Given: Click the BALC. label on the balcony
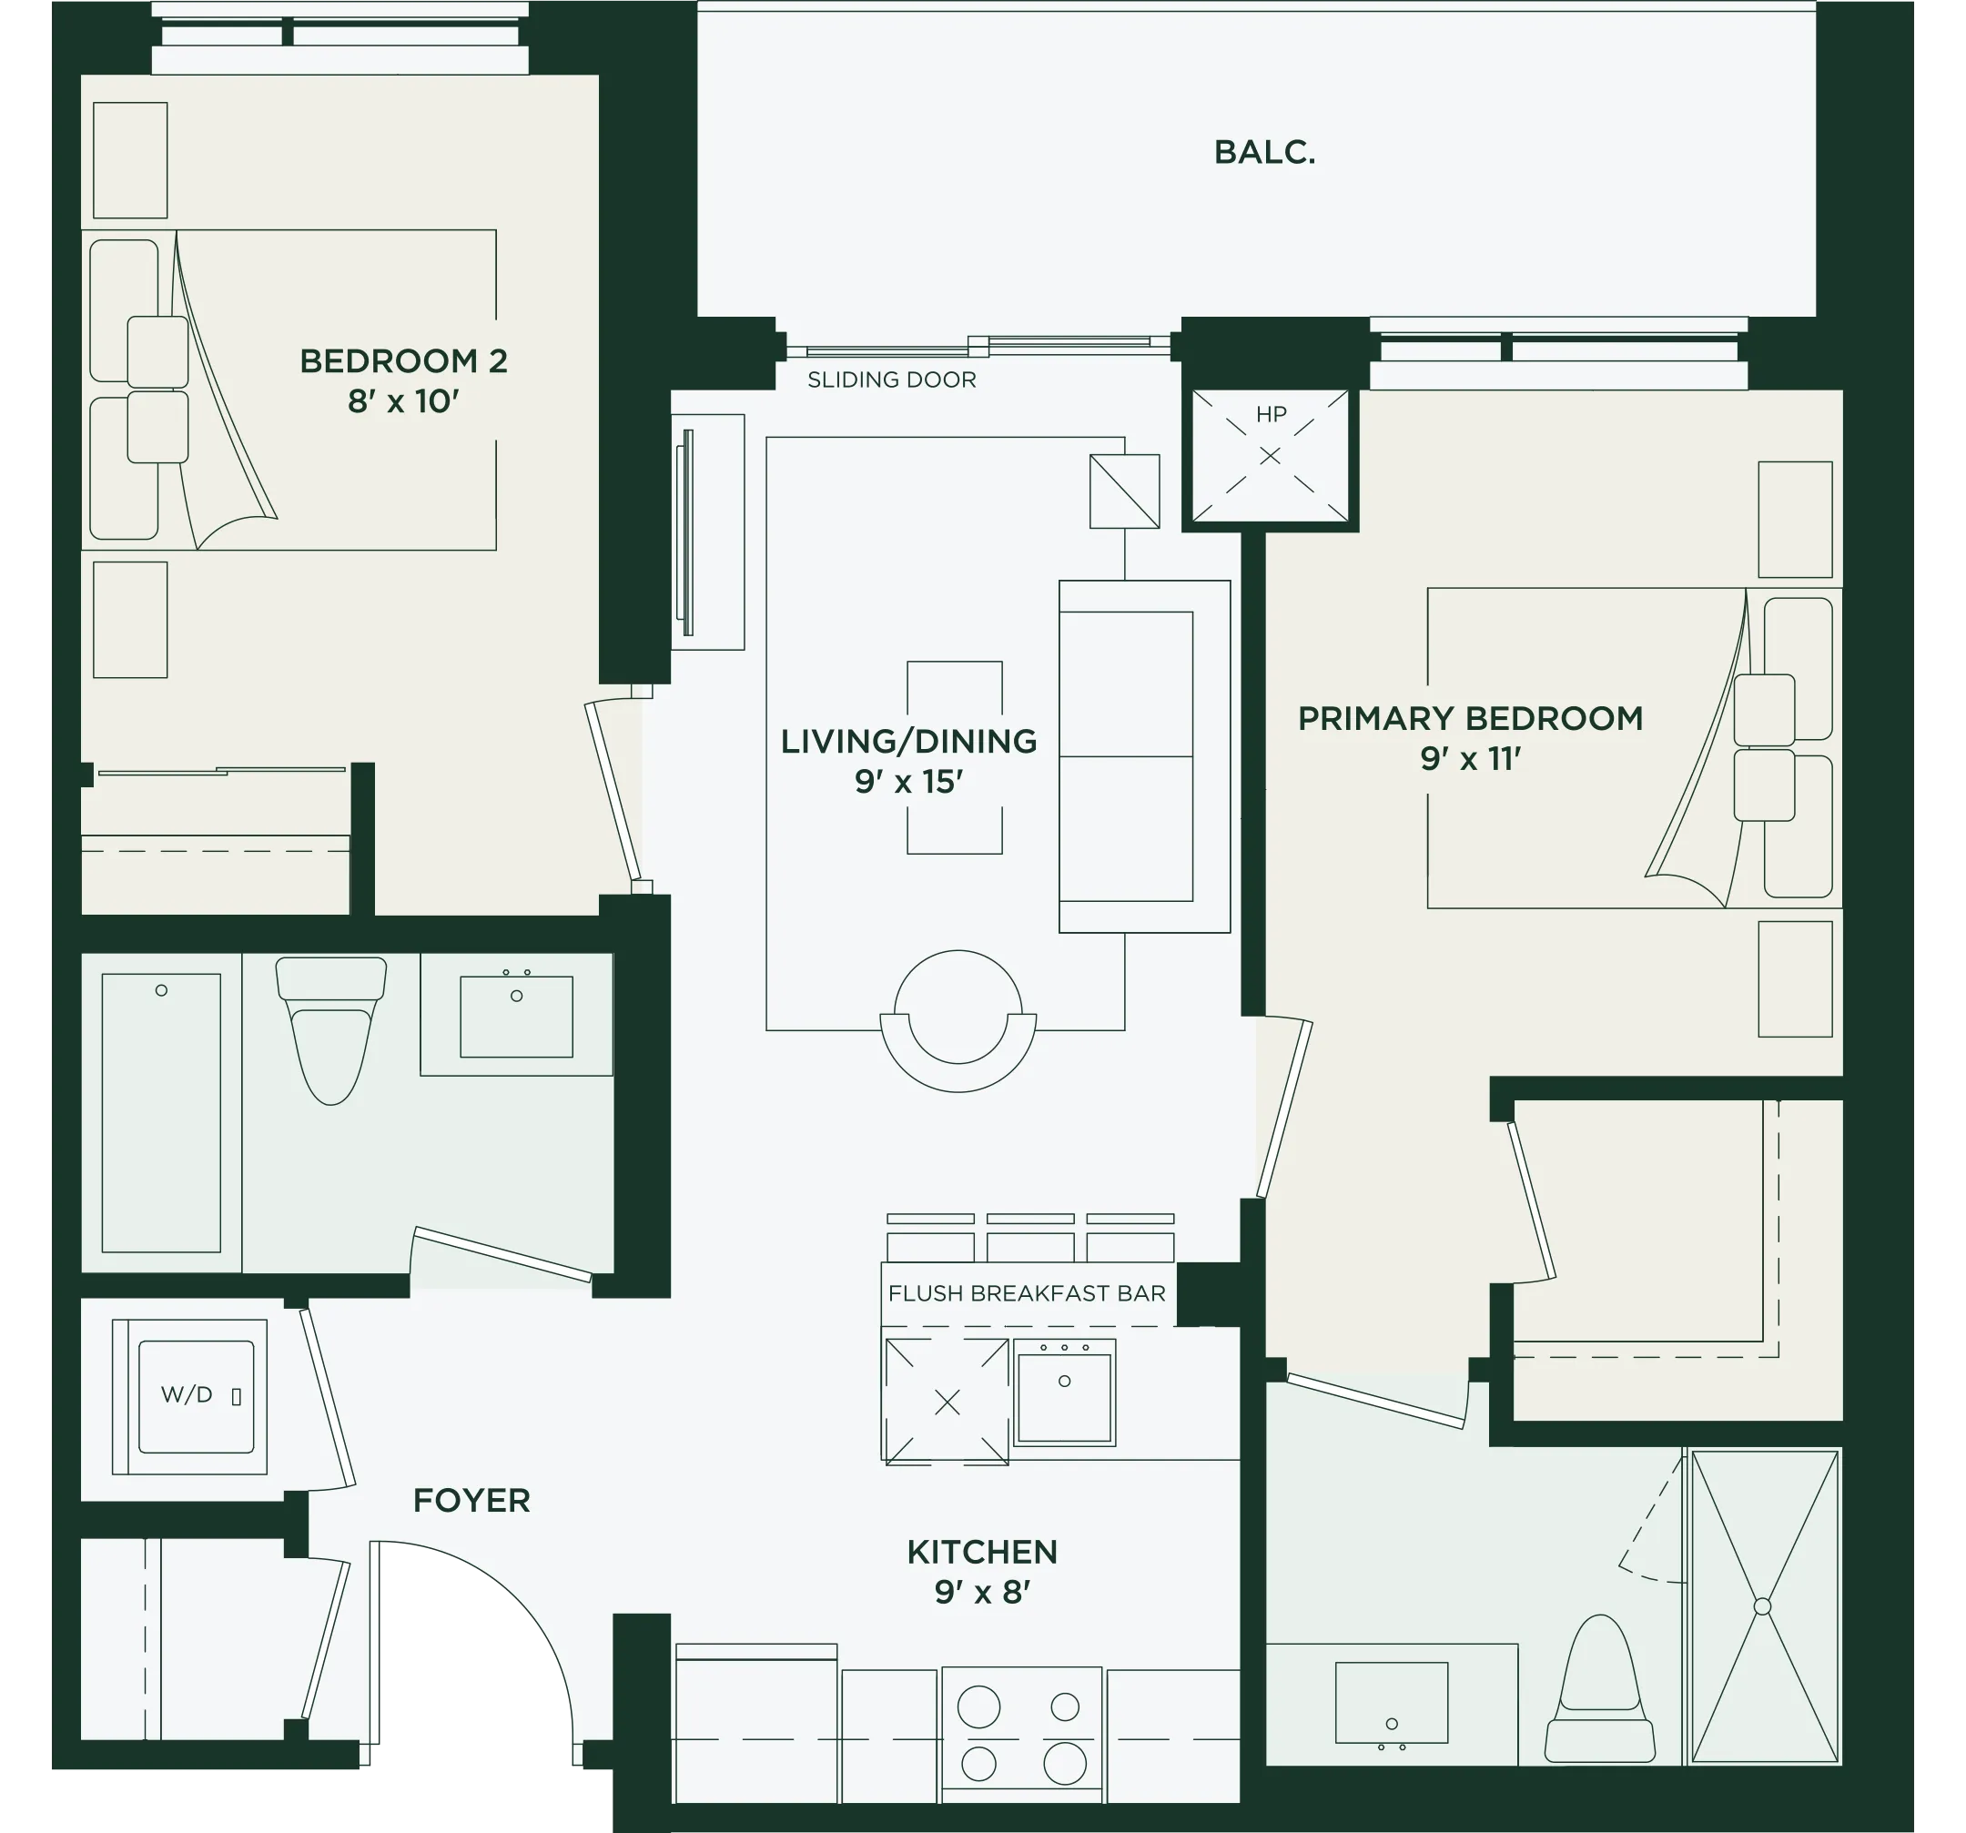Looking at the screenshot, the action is pos(1264,152).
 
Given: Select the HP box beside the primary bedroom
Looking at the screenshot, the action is pos(1270,456).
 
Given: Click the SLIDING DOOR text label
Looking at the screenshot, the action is pos(891,380).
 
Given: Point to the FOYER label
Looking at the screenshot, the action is pos(471,1500).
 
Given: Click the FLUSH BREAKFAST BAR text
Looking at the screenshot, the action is pos(1027,1293).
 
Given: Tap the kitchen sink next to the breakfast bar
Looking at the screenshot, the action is pos(1064,1392).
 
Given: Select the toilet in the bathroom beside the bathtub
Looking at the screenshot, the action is pos(331,1029).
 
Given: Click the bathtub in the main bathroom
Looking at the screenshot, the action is pos(161,1112).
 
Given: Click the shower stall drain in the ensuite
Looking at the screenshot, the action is pos(1762,1606).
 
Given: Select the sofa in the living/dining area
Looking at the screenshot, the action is pos(1144,756).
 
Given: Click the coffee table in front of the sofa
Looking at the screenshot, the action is pos(954,757).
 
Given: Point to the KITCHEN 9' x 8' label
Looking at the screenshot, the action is pos(982,1571).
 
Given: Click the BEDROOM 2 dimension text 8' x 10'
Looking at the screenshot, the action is pos(403,401).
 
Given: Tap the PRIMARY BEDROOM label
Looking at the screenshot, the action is pos(1471,718).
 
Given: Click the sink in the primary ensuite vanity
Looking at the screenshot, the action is pos(1392,1703).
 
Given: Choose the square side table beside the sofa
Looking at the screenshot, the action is pos(1124,491).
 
